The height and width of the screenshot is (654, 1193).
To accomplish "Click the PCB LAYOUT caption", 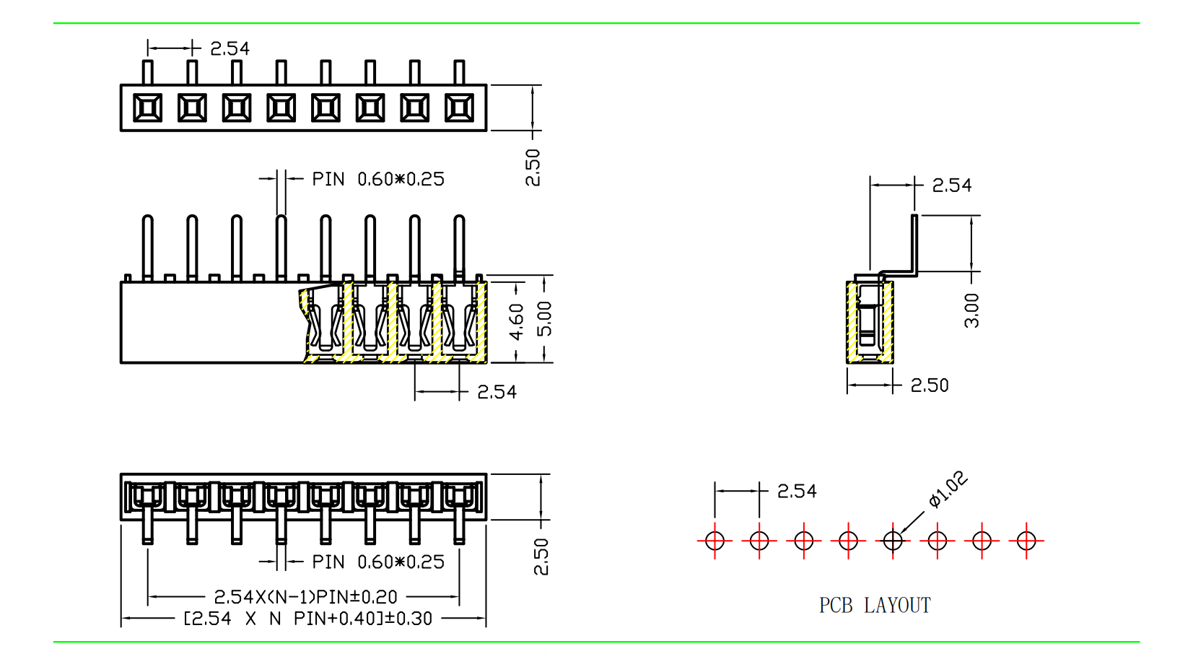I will [x=875, y=605].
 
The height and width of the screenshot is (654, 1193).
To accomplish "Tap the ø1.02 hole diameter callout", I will [x=948, y=489].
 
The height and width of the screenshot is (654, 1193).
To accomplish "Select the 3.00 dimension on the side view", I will [x=972, y=310].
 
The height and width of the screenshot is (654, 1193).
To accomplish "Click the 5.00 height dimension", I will [x=545, y=318].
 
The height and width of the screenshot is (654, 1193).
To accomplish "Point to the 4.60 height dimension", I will [x=517, y=321].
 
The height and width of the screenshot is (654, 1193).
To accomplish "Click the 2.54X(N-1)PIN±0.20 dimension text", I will [x=305, y=597].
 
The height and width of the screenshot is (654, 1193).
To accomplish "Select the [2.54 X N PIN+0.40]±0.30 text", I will [x=308, y=619].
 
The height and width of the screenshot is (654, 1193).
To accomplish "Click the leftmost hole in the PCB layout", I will [x=715, y=540].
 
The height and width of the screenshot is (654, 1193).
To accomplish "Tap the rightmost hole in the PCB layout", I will [x=1026, y=540].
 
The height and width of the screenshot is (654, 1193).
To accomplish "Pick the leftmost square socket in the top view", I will [x=148, y=108].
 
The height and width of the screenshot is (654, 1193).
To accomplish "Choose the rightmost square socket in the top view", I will [x=459, y=108].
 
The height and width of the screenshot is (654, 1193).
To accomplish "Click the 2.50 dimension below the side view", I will [x=930, y=385].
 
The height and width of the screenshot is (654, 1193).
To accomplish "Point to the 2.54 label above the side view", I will [x=952, y=186].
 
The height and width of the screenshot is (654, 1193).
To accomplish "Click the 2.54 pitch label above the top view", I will [x=230, y=48].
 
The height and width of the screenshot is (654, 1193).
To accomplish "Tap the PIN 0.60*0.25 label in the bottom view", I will [x=378, y=562].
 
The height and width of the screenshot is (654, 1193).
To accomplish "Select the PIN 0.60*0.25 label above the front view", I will [x=378, y=179].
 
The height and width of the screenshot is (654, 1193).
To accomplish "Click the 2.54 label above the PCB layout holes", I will [x=797, y=492].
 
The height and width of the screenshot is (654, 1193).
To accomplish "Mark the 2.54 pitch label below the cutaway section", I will [x=497, y=392].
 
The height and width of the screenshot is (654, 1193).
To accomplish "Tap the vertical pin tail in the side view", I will [x=914, y=243].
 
